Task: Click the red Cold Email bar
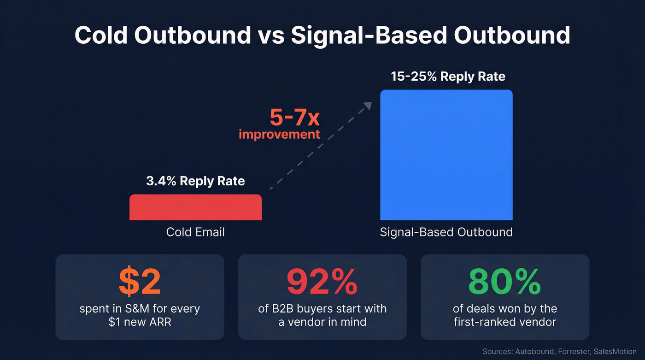tap(195, 207)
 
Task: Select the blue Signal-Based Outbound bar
tap(446, 155)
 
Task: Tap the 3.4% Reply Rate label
tap(195, 181)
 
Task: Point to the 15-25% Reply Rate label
tap(448, 76)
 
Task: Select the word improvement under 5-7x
tap(279, 135)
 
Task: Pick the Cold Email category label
tap(195, 231)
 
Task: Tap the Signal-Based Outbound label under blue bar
tap(446, 231)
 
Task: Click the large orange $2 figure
tap(140, 282)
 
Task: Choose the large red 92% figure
tap(322, 282)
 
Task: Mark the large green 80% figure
tap(504, 282)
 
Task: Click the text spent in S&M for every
tap(140, 308)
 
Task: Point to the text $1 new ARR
tap(140, 321)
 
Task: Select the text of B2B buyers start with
tap(322, 308)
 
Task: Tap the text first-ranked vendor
tap(504, 321)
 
